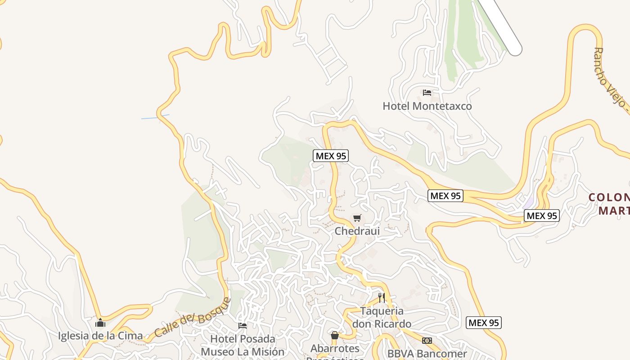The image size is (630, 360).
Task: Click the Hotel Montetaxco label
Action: coord(427,106)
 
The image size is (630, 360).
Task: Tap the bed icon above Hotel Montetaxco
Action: coord(427,93)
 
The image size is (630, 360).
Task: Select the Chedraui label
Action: coord(357,231)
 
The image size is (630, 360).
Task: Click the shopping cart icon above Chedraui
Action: coord(357,218)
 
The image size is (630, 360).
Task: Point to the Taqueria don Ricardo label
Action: coord(382,317)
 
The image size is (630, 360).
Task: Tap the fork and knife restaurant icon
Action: coord(382,297)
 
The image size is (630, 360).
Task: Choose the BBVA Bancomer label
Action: coord(427,354)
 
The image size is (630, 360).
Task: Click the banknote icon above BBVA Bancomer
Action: coord(427,341)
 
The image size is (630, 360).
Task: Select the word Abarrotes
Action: coord(335,348)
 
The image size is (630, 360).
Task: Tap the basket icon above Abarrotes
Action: coord(335,335)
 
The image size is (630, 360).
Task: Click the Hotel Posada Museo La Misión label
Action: coord(243,345)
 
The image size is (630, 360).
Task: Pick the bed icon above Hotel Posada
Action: coord(243,325)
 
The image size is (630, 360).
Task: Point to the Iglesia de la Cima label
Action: coord(100,336)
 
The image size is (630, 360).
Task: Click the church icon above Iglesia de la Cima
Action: coord(100,323)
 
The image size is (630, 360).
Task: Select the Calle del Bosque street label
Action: coord(193,318)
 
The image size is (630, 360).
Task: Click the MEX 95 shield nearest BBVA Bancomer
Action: coord(484,323)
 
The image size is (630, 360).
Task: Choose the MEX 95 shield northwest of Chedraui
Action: coord(331,156)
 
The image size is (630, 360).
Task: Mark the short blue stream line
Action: coord(155,117)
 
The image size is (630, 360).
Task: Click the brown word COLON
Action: coord(609,197)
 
